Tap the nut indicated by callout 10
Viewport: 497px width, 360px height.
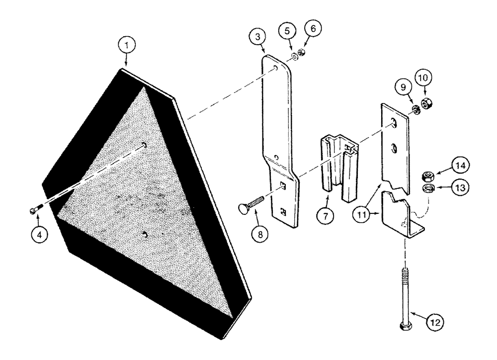tap(426, 104)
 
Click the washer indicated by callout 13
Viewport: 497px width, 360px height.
tap(426, 188)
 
